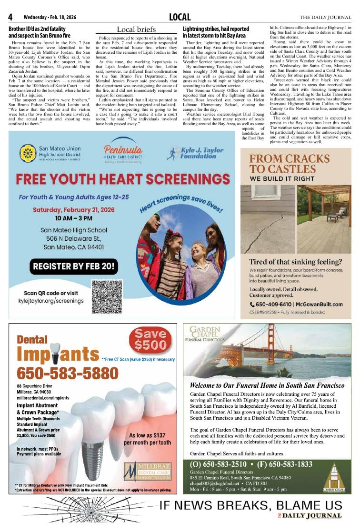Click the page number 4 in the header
click(10, 18)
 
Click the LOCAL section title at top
click(180, 18)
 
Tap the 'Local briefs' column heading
click(136, 29)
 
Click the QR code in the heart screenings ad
click(107, 297)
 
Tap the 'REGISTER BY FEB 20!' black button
click(74, 266)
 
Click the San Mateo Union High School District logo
click(28, 153)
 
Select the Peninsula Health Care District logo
click(122, 152)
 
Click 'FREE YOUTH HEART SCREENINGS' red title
click(122, 180)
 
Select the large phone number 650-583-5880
click(60, 374)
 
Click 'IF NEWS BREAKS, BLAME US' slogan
click(250, 505)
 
